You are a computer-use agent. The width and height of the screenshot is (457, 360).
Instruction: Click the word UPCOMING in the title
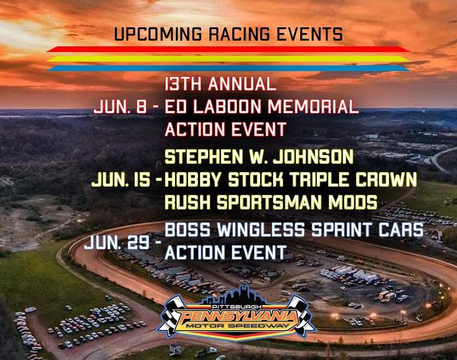pos(157,34)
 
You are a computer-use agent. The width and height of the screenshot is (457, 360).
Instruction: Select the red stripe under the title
pos(228,50)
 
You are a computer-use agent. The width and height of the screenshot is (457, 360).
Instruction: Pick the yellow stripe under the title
pos(228,58)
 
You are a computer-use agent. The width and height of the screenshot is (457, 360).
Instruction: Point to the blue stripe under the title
pos(228,68)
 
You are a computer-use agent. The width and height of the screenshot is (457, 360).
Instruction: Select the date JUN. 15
pos(121,180)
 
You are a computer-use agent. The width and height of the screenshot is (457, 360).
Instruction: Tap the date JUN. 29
pos(117,243)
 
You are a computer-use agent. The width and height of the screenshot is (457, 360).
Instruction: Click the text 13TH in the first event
pos(183,84)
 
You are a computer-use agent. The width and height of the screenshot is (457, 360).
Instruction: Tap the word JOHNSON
pos(313,157)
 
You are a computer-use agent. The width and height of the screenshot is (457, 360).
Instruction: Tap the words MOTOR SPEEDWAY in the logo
pos(237,326)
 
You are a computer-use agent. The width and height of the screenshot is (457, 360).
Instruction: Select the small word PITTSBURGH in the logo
pos(236,307)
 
